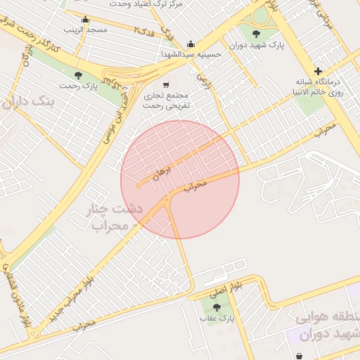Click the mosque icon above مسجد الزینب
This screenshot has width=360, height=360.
pyautogui.click(x=86, y=19)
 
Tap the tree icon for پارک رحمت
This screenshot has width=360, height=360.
pyautogui.click(x=78, y=75)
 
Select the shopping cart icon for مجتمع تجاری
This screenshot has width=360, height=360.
pyautogui.click(x=166, y=84)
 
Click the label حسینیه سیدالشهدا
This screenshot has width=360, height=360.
pyautogui.click(x=191, y=54)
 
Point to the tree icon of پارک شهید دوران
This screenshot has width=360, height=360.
pyautogui.click(x=255, y=33)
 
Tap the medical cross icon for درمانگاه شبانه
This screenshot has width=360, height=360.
pyautogui.click(x=319, y=71)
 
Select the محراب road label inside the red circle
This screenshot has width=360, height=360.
pyautogui.click(x=196, y=186)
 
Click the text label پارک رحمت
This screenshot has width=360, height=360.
pyautogui.click(x=77, y=86)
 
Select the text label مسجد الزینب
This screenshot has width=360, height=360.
pyautogui.click(x=86, y=31)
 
